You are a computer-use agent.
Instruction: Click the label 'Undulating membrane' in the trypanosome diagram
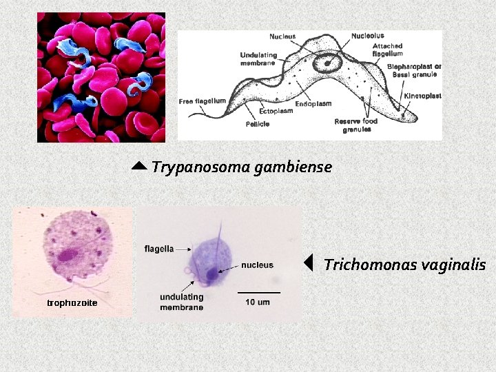coord(258,59)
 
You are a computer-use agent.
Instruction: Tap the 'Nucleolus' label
coord(367,36)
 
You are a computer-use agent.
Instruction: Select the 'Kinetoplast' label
coord(422,96)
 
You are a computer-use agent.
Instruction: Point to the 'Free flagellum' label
coord(203,101)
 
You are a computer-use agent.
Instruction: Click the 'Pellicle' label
coord(257,124)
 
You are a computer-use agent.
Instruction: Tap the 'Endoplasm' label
coord(313,104)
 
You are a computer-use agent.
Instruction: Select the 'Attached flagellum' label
coord(387,49)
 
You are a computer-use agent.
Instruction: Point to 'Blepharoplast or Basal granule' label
coord(414,70)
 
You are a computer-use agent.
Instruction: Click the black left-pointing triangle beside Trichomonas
coord(309,263)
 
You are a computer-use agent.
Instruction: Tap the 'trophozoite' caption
coord(72,302)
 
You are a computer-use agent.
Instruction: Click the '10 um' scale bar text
coord(258,302)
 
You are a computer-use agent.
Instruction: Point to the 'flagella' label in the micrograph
coord(158,248)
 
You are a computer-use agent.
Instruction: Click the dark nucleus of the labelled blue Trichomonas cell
coord(209,275)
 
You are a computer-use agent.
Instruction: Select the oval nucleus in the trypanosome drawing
coord(325,63)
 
